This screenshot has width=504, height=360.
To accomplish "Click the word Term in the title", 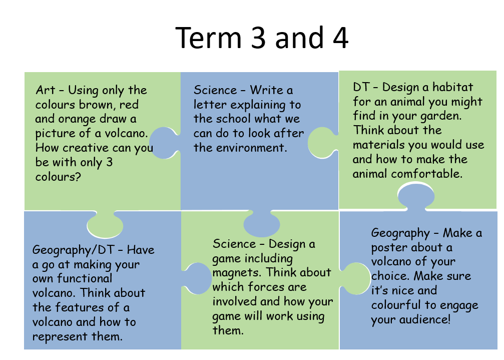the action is tap(208, 38).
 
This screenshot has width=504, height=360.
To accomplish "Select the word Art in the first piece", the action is tap(46, 90).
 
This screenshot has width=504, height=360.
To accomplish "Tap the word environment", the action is tap(251, 148).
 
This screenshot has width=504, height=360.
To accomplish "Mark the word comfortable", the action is tap(427, 174).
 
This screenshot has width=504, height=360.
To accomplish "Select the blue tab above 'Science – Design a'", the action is tap(262, 223).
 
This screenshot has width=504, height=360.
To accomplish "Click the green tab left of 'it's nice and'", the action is tap(356, 279).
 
